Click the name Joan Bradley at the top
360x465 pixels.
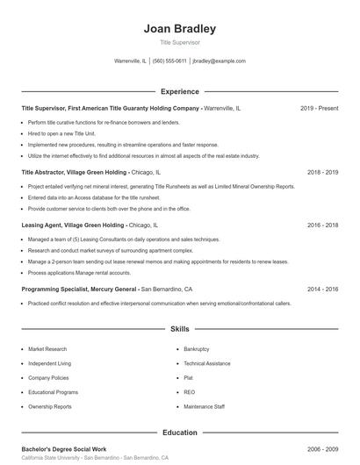[x=179, y=28]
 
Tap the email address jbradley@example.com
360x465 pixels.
[x=219, y=61]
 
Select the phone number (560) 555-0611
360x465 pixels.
[x=169, y=61]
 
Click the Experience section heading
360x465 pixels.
[x=179, y=91]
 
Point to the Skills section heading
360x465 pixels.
[x=179, y=329]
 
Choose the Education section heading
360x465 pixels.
[x=179, y=433]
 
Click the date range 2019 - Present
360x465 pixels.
[x=319, y=108]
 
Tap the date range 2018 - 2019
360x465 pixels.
[x=322, y=173]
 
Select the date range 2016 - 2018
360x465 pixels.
[x=322, y=225]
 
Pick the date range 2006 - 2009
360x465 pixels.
[x=322, y=448]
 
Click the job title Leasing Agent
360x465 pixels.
[x=43, y=225]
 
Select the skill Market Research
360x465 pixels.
[x=47, y=349]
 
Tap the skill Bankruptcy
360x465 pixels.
[x=196, y=349]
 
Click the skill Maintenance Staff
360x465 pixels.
[x=204, y=407]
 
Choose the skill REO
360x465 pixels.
[x=189, y=392]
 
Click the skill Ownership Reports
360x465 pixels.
[x=50, y=407]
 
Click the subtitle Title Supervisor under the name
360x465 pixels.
[x=179, y=42]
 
